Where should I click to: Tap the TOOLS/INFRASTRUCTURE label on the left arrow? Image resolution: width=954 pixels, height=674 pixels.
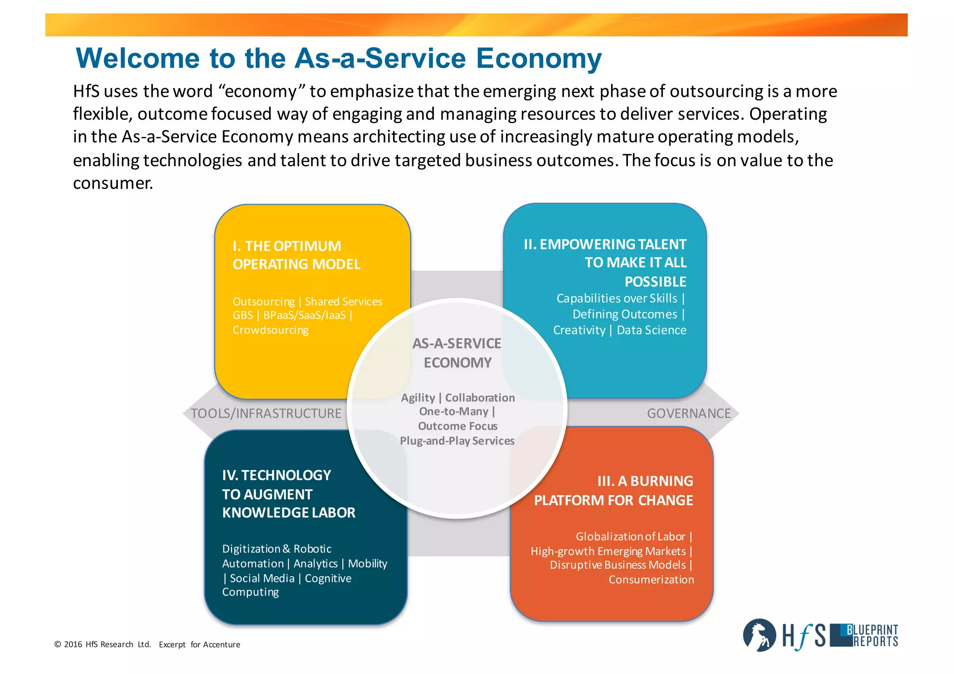pos(266,413)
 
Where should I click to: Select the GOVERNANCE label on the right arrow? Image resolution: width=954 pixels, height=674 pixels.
pos(688,413)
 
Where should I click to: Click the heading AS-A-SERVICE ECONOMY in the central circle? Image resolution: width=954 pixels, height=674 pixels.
pos(457,353)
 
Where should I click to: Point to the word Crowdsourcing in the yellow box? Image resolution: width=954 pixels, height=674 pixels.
pos(271,330)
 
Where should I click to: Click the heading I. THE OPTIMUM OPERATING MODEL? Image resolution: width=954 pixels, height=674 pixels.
pos(296,255)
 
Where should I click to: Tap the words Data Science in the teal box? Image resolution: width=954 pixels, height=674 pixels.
pos(651,330)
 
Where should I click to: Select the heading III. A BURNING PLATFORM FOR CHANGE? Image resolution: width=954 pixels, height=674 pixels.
pos(613,490)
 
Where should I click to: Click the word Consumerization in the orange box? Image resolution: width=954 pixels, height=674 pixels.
pos(651,579)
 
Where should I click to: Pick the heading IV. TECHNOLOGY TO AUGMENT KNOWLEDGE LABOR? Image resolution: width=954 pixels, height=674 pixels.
pos(288,494)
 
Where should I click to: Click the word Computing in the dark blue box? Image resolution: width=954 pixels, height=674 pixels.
pos(251,592)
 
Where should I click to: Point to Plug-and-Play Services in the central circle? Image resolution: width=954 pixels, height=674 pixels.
pos(457,441)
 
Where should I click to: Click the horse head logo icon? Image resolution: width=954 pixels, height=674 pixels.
pos(759,635)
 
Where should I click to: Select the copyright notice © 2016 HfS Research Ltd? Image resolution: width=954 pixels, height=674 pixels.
pos(102,644)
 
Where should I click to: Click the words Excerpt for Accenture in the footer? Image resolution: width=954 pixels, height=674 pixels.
pos(199,644)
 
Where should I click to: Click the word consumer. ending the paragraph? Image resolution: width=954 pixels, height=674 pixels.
pos(113,183)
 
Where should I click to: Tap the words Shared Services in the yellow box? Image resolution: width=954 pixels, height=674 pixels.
pos(343,301)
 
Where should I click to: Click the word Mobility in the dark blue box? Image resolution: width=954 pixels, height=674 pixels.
pos(368,564)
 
